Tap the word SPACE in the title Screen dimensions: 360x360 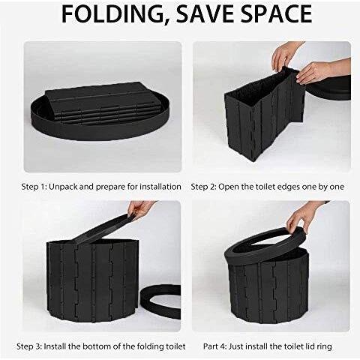tap(276, 13)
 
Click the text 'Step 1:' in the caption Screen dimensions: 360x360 tap(34, 187)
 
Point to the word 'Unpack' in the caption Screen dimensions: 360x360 tap(63, 187)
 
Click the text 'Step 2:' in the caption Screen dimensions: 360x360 tap(203, 187)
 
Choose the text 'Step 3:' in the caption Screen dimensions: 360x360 tap(29, 346)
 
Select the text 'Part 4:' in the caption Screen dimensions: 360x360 tap(215, 346)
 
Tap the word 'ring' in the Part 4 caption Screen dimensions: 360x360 tap(325, 347)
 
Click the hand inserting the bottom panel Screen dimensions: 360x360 tap(140, 208)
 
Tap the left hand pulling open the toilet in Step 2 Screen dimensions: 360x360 tap(285, 55)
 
